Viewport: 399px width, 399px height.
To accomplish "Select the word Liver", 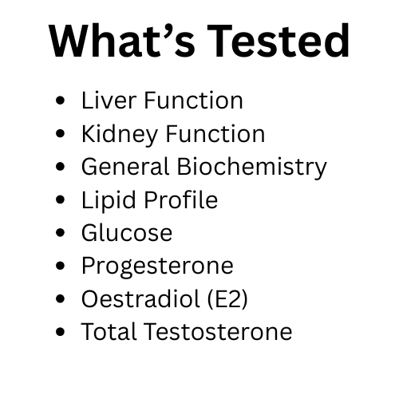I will [105, 101].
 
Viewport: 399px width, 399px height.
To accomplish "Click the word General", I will [124, 167].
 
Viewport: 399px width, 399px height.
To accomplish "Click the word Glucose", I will [126, 232].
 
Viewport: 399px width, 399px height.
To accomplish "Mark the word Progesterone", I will [157, 265].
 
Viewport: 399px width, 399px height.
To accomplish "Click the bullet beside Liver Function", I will [61, 101].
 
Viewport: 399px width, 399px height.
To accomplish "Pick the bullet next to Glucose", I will [61, 233].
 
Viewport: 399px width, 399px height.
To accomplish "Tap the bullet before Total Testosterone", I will [61, 331].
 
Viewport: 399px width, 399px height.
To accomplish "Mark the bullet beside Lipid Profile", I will [61, 200].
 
